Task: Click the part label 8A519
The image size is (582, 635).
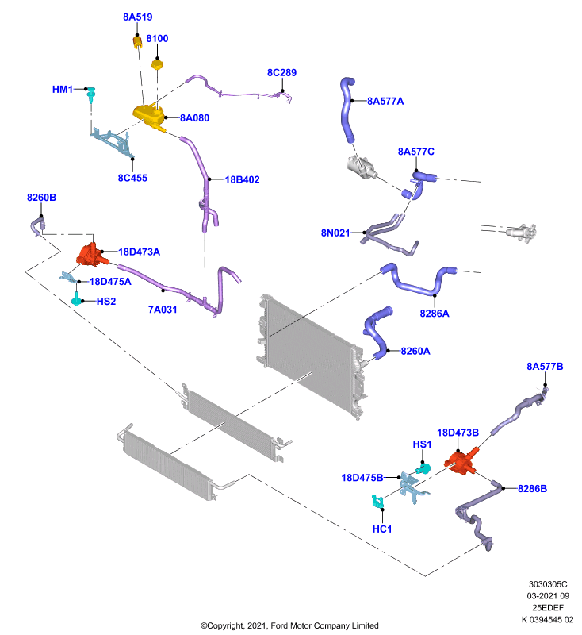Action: coord(137,17)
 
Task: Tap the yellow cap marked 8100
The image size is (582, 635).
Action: coord(157,64)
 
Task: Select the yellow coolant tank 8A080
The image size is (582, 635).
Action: coord(149,116)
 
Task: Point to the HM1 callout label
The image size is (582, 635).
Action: coord(63,89)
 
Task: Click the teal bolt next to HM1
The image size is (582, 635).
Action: coord(92,94)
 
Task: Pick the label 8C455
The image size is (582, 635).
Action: coord(132,178)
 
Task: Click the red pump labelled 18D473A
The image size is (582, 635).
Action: coord(92,255)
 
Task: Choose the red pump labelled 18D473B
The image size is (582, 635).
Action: coord(461,462)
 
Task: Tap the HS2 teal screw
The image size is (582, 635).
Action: coord(76,301)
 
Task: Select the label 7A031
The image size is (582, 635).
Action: coord(163,310)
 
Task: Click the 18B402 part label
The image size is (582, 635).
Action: coord(243,179)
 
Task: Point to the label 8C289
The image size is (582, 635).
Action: coord(282,72)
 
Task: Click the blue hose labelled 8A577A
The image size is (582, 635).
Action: coord(347,110)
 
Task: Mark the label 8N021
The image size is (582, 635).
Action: coord(335,233)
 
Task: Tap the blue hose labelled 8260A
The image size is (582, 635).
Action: coord(377,333)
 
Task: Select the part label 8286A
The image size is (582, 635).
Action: coord(435,314)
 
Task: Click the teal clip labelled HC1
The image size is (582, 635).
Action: coord(377,502)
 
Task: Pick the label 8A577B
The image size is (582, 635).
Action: coord(545,367)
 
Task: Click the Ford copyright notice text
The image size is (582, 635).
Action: coord(289,625)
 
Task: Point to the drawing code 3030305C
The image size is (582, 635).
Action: coord(548,584)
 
